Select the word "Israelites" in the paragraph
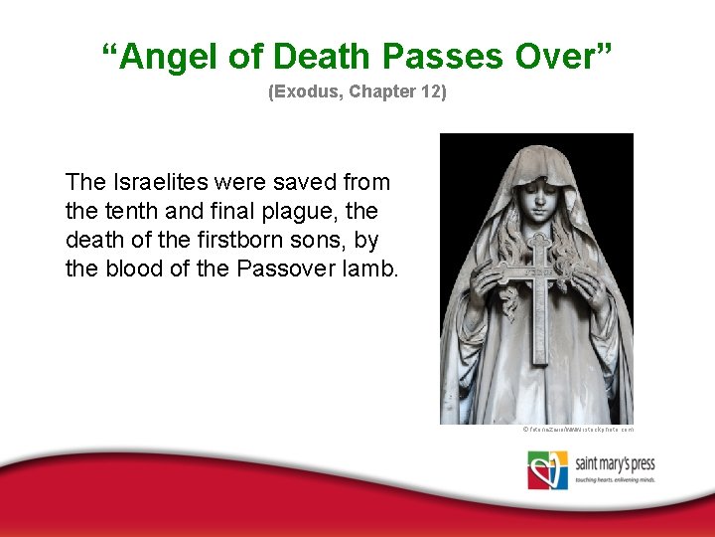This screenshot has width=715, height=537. pos(156,183)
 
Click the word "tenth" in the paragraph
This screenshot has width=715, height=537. pos(126,212)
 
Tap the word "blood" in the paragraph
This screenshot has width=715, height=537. pos(131,268)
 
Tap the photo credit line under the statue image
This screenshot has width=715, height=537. pos(577,430)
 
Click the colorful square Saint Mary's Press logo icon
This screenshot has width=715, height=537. pos(547,469)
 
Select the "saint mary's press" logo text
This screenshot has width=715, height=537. pos(615,462)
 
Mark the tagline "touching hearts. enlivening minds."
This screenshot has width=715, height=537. pos(615,479)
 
